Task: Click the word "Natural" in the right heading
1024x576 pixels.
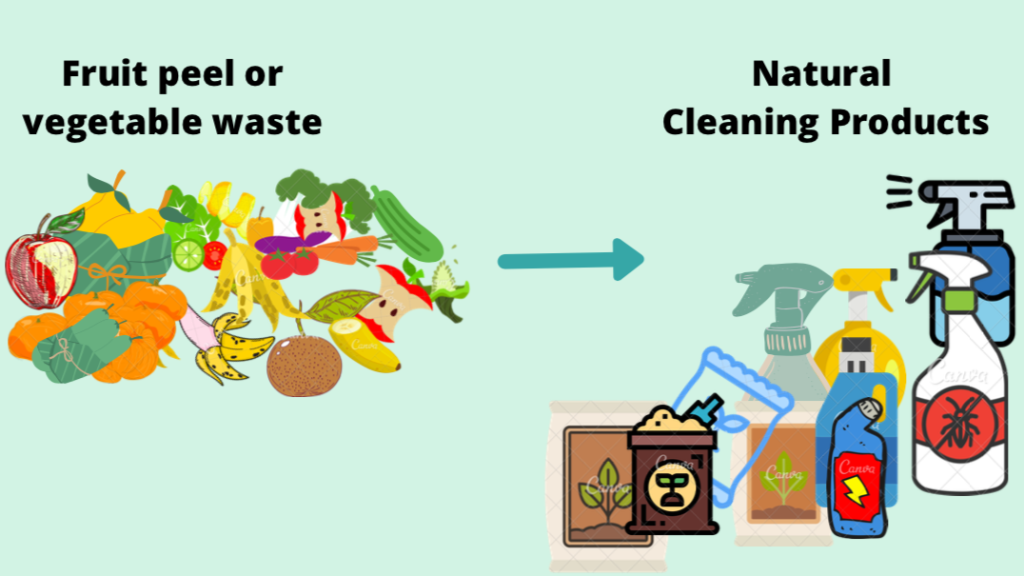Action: [x=821, y=74]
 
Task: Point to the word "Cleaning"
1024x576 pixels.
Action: [x=740, y=122]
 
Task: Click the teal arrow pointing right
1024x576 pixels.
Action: [x=571, y=260]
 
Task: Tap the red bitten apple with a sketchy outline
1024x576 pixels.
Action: [x=41, y=261]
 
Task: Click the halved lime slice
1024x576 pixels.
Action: [x=188, y=254]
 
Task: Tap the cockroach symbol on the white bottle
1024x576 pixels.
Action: [x=958, y=419]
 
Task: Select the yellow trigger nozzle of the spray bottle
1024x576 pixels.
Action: [x=865, y=282]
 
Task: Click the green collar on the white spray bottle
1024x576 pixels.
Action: [x=959, y=301]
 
